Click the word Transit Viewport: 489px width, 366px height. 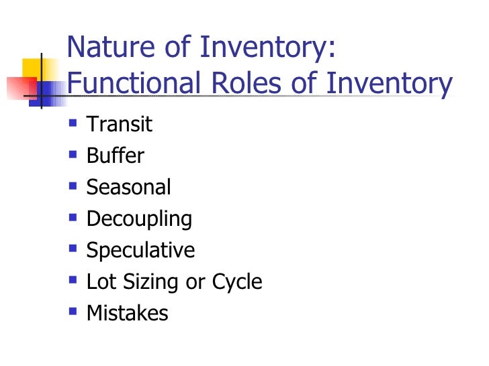(x=120, y=124)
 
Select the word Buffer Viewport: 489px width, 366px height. (x=115, y=156)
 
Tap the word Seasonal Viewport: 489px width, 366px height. (x=128, y=187)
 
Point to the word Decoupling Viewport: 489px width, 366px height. (x=139, y=219)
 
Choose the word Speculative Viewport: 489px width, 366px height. (x=140, y=250)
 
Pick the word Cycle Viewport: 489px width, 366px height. (x=236, y=282)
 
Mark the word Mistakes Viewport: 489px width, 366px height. (x=127, y=313)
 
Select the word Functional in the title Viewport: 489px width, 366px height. (x=134, y=84)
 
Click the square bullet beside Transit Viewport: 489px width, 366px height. (x=73, y=123)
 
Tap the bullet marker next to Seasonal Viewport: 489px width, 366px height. (x=73, y=186)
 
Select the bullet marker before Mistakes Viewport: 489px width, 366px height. (x=73, y=312)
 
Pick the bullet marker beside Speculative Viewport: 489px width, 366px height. (x=73, y=249)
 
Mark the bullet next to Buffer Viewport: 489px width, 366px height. (x=73, y=155)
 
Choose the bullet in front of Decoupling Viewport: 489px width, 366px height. (x=73, y=218)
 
